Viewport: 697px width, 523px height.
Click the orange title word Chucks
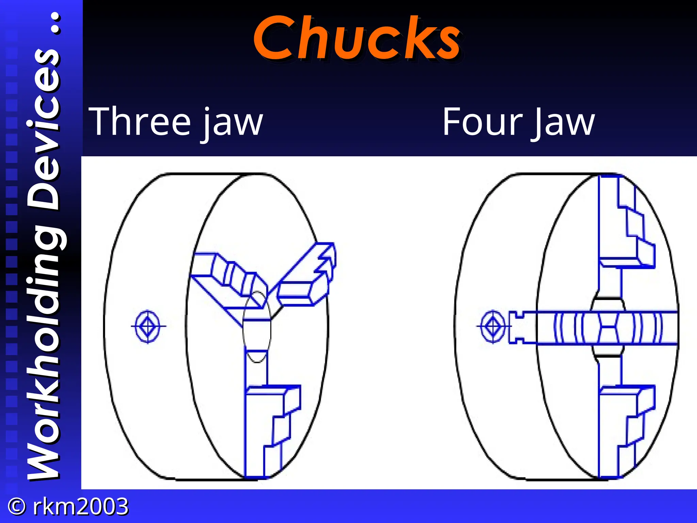(x=357, y=38)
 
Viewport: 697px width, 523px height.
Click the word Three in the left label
(x=140, y=122)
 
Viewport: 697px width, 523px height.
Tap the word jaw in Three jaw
(x=233, y=123)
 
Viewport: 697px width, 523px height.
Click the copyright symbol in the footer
(x=16, y=506)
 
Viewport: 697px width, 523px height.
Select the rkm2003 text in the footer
(x=80, y=506)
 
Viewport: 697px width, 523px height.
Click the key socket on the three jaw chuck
(x=147, y=326)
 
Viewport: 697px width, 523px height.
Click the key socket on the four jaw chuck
(x=493, y=326)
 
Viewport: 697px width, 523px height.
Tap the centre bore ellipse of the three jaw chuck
(x=257, y=327)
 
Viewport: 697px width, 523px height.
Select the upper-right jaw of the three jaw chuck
(x=306, y=276)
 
